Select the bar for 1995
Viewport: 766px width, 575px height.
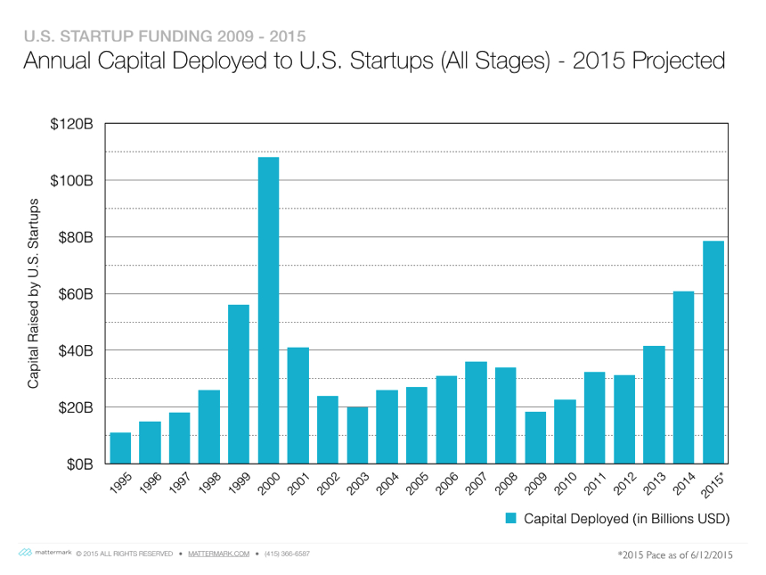120,448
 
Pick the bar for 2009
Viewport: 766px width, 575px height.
535,438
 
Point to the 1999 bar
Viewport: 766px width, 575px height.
239,384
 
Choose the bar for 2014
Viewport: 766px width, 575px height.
683,377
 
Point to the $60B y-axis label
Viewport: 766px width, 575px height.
75,294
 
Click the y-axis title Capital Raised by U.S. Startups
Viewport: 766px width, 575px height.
34,294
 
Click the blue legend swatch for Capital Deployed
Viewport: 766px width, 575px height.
511,518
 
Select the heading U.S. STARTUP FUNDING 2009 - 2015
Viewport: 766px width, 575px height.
164,37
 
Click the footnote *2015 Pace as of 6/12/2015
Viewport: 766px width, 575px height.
675,554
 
